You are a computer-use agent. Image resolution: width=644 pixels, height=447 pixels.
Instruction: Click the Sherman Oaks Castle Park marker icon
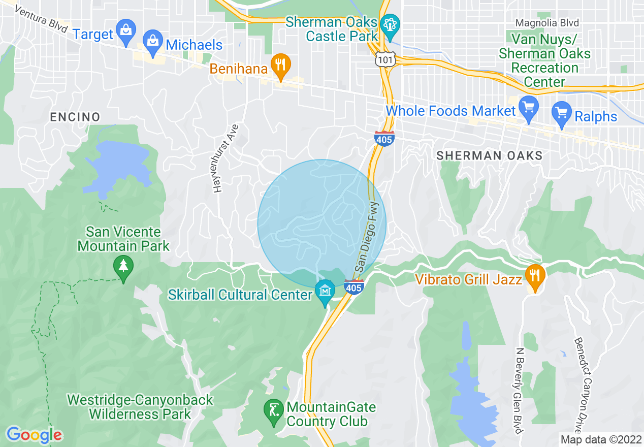(x=391, y=26)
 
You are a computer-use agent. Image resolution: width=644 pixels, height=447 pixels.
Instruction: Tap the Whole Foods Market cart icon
(x=529, y=109)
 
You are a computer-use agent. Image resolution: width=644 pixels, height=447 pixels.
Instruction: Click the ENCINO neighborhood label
(x=75, y=117)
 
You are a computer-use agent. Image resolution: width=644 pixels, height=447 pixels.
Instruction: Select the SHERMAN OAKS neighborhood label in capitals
(x=490, y=155)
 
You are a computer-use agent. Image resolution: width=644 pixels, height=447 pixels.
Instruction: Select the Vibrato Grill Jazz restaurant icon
(x=535, y=277)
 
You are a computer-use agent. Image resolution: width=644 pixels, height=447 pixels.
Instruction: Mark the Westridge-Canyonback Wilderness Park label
(x=140, y=407)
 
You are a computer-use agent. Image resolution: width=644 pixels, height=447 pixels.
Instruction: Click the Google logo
(x=34, y=435)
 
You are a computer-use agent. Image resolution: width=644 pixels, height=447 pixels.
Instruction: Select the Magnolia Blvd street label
(x=547, y=23)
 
